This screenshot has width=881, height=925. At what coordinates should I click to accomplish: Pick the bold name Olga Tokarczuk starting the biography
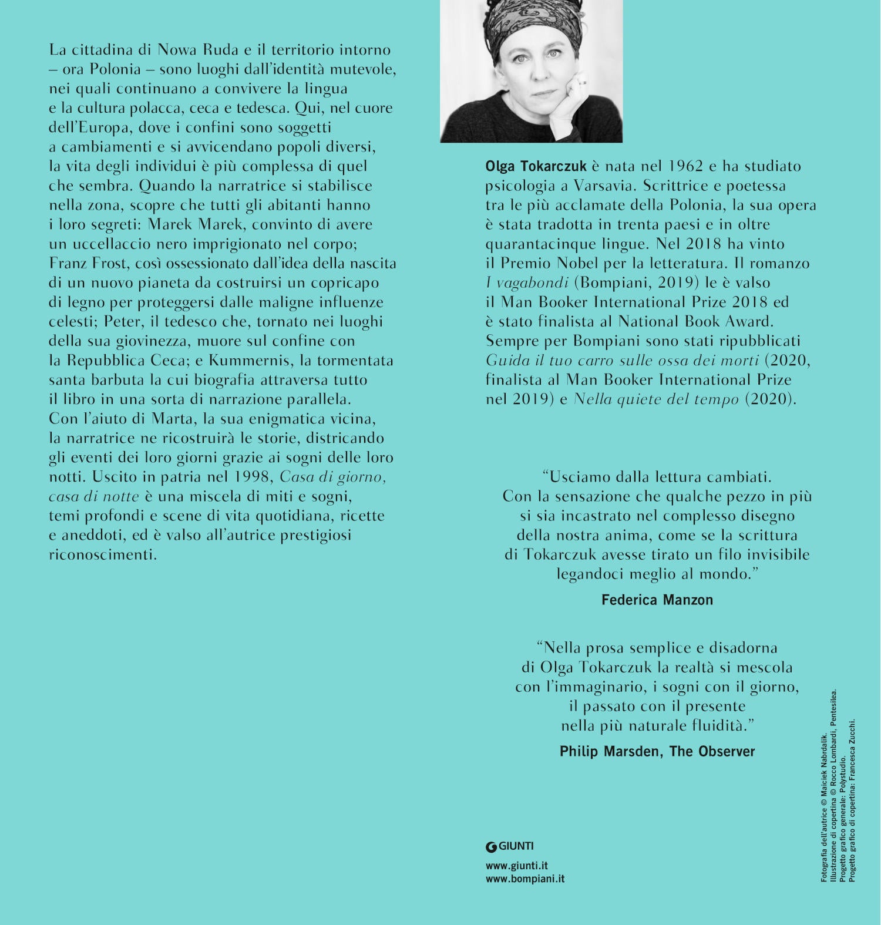click(536, 166)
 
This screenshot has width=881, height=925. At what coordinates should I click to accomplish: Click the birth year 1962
click(685, 166)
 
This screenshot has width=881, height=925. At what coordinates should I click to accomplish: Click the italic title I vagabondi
click(527, 282)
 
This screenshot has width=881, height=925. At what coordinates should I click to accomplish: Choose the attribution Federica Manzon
click(657, 600)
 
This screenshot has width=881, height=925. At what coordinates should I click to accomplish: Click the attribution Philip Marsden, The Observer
click(657, 751)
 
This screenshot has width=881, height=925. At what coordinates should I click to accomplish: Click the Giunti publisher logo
click(509, 846)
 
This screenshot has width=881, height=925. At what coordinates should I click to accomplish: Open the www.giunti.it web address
click(516, 865)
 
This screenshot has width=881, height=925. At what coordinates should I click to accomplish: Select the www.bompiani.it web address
click(524, 879)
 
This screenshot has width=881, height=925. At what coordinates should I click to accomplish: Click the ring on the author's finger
click(582, 82)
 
